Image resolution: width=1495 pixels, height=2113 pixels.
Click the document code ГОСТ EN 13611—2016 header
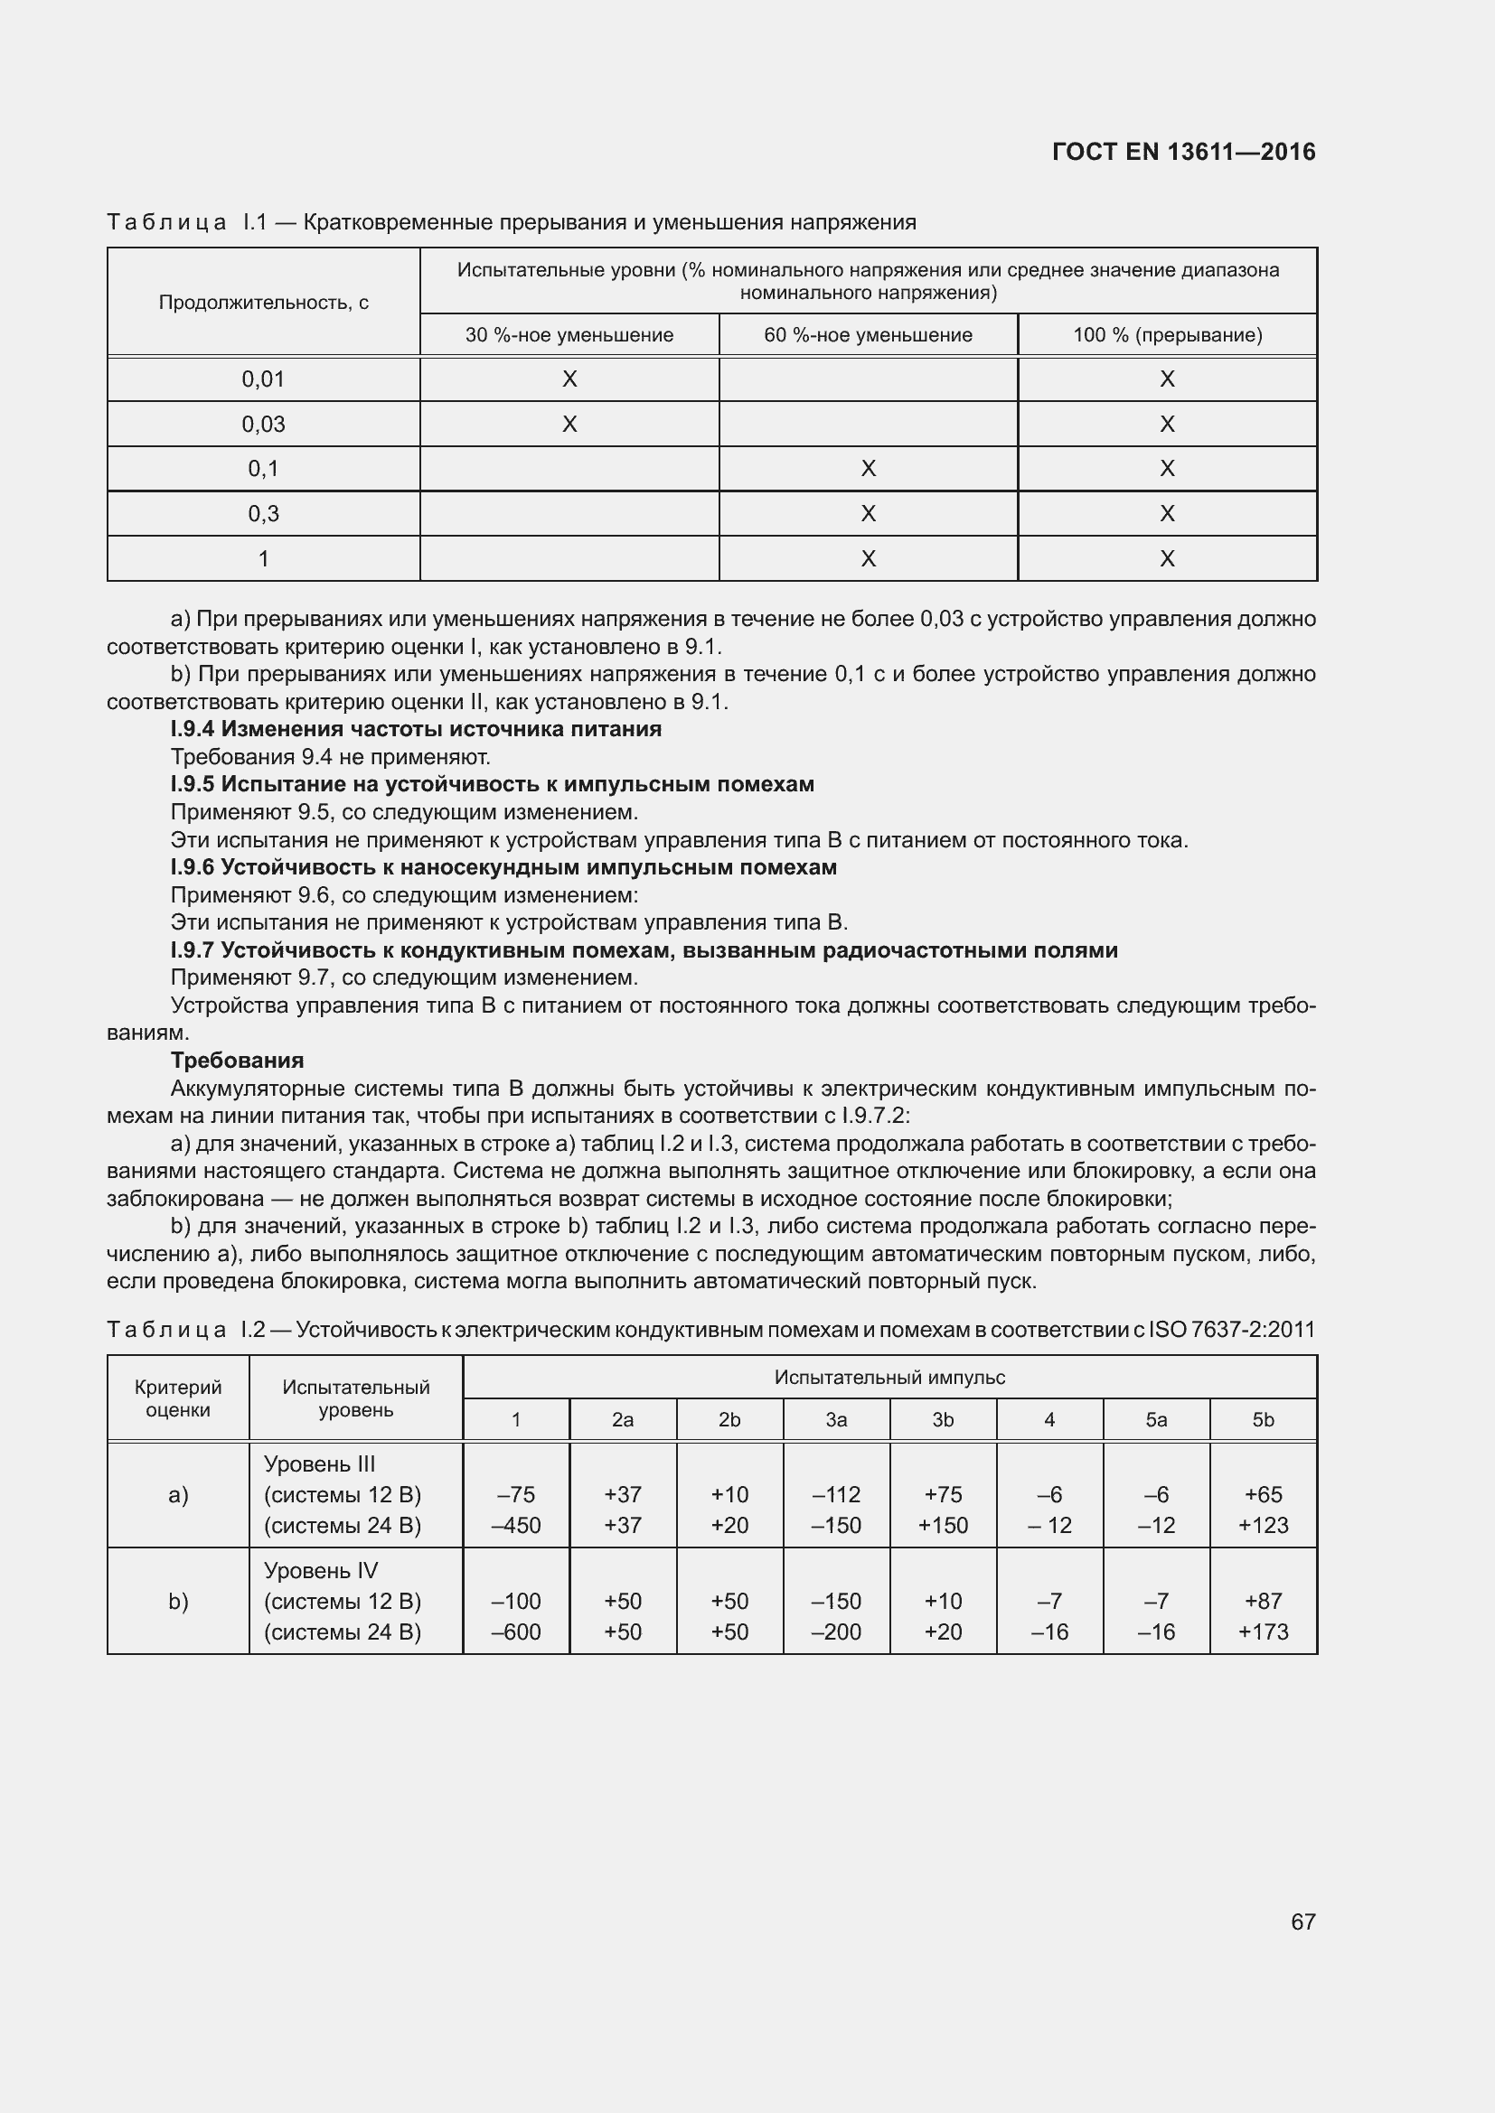(1183, 152)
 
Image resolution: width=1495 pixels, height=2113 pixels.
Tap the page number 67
(1302, 1921)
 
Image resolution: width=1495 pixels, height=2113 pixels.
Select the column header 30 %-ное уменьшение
(569, 335)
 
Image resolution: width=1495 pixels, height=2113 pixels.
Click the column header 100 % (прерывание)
(1166, 335)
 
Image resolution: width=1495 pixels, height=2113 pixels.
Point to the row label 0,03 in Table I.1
(263, 425)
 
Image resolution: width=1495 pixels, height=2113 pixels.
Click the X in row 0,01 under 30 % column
(569, 379)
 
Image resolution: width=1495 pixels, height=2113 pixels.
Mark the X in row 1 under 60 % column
(867, 558)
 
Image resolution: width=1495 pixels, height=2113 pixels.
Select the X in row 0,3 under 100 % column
(1166, 513)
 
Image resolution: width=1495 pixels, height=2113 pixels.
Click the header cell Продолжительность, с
(263, 303)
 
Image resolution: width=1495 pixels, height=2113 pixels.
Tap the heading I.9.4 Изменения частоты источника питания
(416, 729)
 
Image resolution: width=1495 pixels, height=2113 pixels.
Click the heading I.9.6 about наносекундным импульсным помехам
(503, 867)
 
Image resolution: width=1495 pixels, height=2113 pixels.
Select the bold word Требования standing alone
(238, 1061)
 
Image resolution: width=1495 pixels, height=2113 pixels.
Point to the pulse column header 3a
(836, 1420)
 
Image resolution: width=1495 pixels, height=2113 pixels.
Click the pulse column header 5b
(1263, 1420)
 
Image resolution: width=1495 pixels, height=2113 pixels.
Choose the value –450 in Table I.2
(515, 1525)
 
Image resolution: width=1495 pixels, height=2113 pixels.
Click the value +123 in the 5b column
(1263, 1525)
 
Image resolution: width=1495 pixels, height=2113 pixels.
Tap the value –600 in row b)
(515, 1631)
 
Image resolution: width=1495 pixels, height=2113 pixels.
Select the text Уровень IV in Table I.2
(320, 1571)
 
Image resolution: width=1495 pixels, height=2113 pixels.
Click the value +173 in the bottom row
(1263, 1631)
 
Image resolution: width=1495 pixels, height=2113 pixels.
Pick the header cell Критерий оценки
(178, 1398)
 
